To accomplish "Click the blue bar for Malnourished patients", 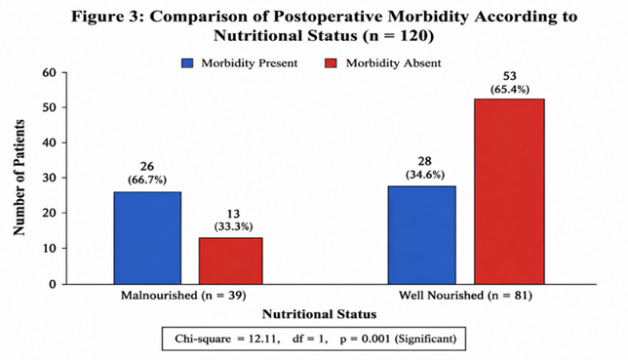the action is click(x=147, y=238).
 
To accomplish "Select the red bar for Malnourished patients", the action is click(x=231, y=261).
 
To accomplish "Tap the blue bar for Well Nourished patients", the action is click(x=421, y=235).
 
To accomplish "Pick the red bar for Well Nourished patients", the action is click(x=509, y=191).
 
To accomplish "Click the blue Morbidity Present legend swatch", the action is click(x=187, y=63).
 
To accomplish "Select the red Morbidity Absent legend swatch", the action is click(x=331, y=63).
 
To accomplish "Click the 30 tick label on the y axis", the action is click(x=50, y=178).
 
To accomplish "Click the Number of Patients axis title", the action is click(x=20, y=178).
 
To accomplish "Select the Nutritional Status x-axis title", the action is click(x=319, y=314).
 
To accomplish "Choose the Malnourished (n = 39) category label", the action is click(x=183, y=296).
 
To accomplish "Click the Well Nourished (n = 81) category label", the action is click(x=465, y=296).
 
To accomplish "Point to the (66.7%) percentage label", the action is click(x=147, y=180).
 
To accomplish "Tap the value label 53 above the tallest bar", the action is click(x=510, y=76).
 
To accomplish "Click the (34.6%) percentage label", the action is click(x=425, y=175).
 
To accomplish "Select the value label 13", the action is click(x=233, y=214).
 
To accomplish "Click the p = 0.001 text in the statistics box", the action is click(x=365, y=340).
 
